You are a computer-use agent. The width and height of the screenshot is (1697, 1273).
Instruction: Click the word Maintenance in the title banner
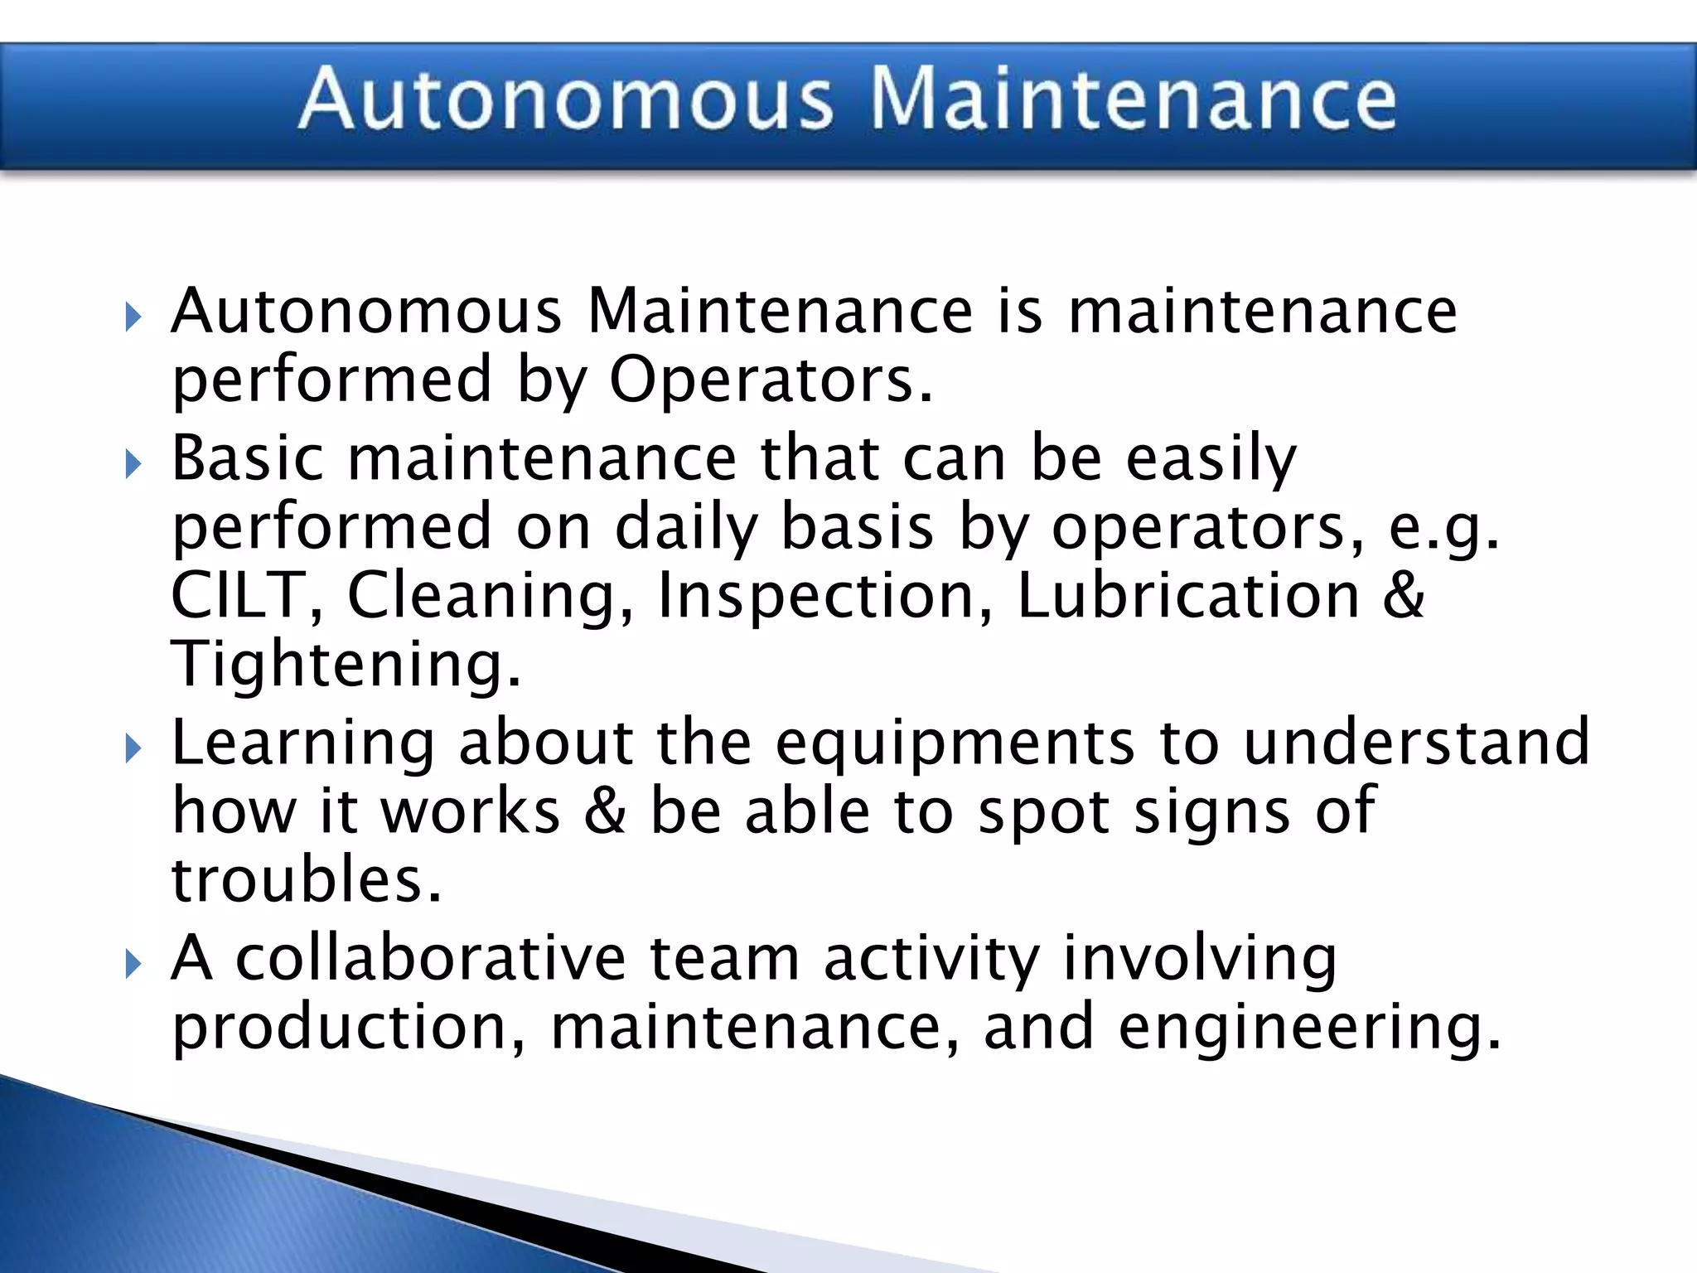[x=1133, y=99]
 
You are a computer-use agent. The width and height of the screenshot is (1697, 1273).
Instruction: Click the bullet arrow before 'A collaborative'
[x=133, y=963]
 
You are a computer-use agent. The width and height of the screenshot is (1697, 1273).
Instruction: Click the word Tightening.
[x=346, y=666]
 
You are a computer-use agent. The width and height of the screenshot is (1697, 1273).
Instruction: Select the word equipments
[x=954, y=744]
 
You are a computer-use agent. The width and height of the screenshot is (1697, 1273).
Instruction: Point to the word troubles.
[x=306, y=880]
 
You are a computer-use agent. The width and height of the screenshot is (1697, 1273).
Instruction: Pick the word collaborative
[x=430, y=958]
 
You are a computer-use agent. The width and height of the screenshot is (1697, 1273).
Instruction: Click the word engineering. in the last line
[x=1309, y=1029]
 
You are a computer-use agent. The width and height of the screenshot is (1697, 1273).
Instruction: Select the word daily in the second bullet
[x=686, y=529]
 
